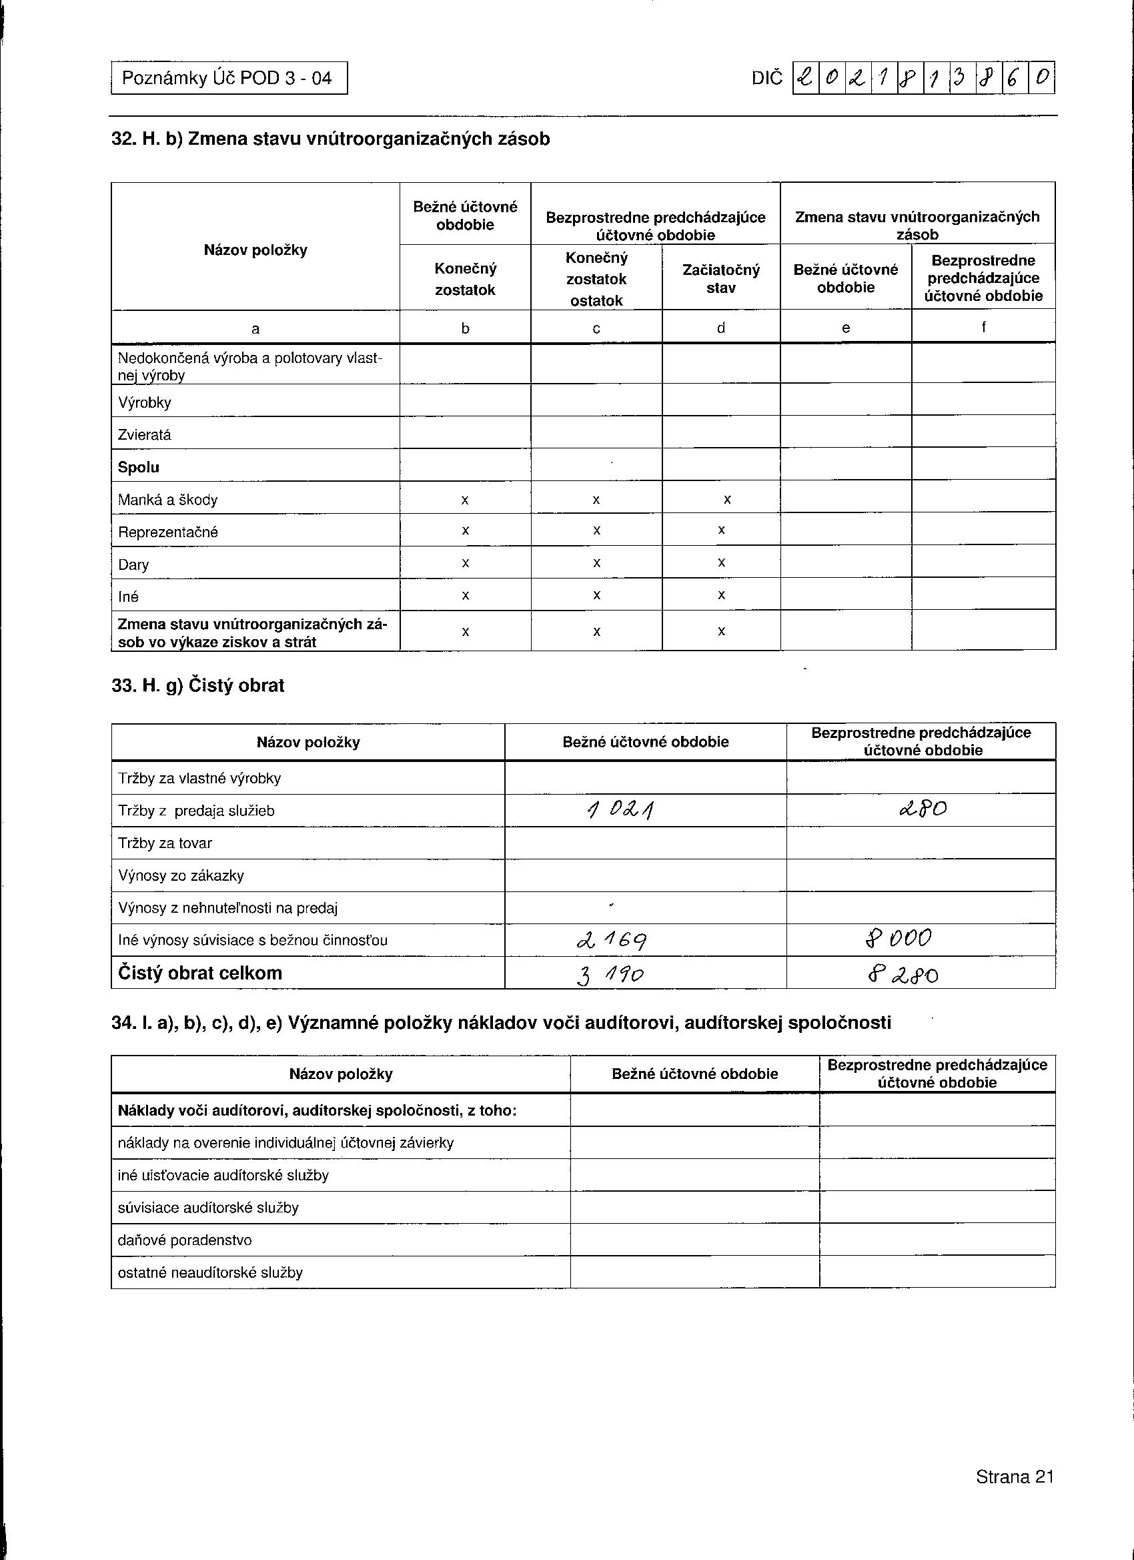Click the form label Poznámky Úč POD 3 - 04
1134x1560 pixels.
[x=227, y=77]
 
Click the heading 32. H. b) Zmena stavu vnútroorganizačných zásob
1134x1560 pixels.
[x=330, y=139]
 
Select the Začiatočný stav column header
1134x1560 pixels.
[x=720, y=279]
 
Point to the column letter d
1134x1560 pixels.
[x=720, y=328]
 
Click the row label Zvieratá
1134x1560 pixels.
[x=144, y=435]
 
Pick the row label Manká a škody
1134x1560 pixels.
[x=168, y=500]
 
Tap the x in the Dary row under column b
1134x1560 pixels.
[x=466, y=563]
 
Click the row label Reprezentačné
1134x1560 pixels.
[x=168, y=532]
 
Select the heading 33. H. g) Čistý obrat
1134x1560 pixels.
[x=198, y=686]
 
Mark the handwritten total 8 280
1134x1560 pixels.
[x=903, y=975]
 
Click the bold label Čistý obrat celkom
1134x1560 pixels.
[x=200, y=973]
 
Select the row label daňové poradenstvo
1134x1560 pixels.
[x=185, y=1240]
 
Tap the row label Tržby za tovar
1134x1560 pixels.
[x=165, y=843]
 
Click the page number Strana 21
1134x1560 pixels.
[x=1015, y=1477]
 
